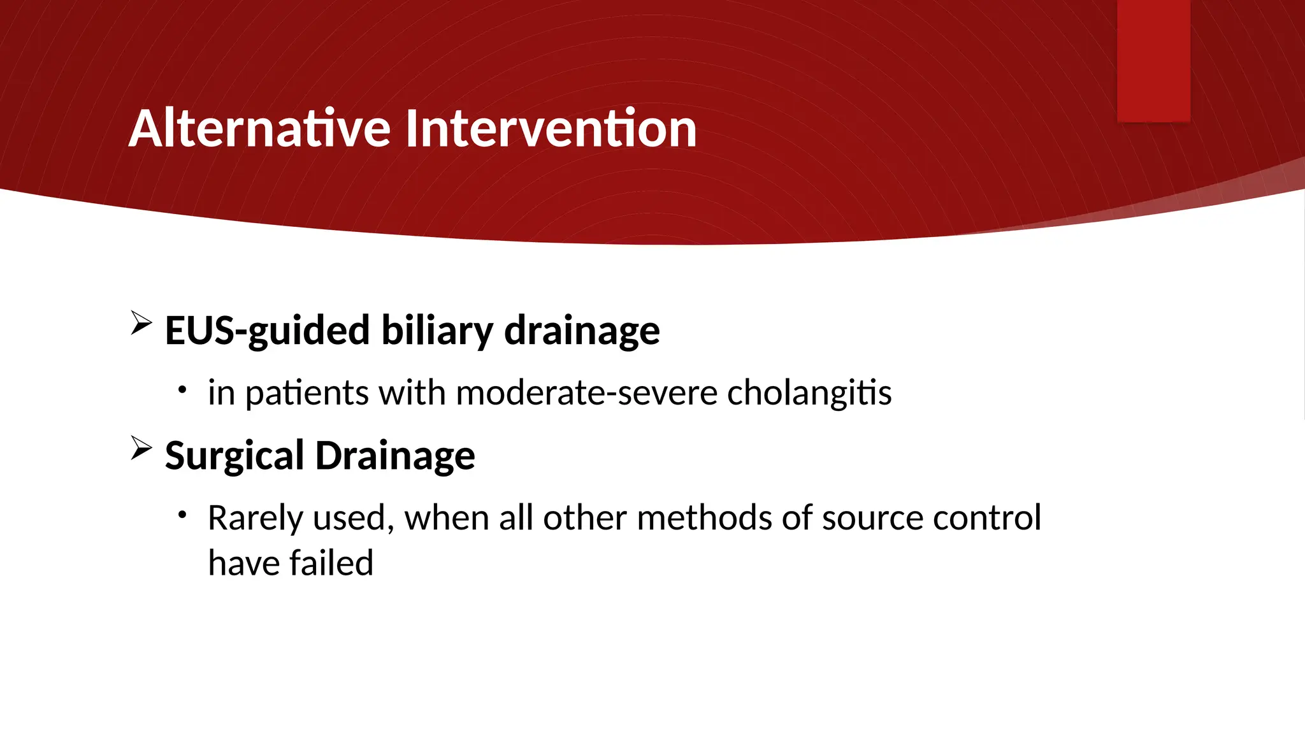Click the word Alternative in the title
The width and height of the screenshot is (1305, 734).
coord(259,129)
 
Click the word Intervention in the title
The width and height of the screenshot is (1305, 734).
coord(551,129)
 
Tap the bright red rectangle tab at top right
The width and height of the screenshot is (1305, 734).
coord(1153,61)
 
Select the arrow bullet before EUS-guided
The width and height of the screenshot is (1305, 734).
coord(141,323)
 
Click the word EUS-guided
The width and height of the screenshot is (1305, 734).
coord(267,331)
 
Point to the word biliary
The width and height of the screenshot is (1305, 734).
coord(437,331)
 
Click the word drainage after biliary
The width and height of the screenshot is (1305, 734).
coord(582,331)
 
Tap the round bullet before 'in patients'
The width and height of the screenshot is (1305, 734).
coord(182,389)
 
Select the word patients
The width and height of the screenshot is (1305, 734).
coord(306,393)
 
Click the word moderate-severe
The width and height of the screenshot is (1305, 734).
coord(586,392)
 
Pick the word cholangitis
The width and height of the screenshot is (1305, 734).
coord(809,393)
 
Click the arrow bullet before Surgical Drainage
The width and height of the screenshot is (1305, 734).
coord(141,448)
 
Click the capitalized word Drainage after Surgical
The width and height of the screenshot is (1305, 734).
coord(395,456)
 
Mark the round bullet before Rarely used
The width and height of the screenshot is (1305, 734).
coord(182,514)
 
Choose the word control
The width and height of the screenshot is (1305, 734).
coord(986,517)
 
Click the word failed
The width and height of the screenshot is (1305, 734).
coord(331,563)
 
